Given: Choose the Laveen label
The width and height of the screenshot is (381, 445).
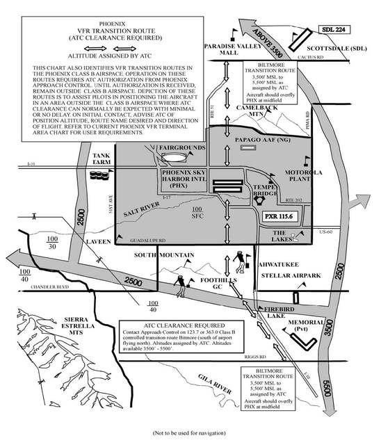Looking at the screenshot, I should point(98,242).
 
